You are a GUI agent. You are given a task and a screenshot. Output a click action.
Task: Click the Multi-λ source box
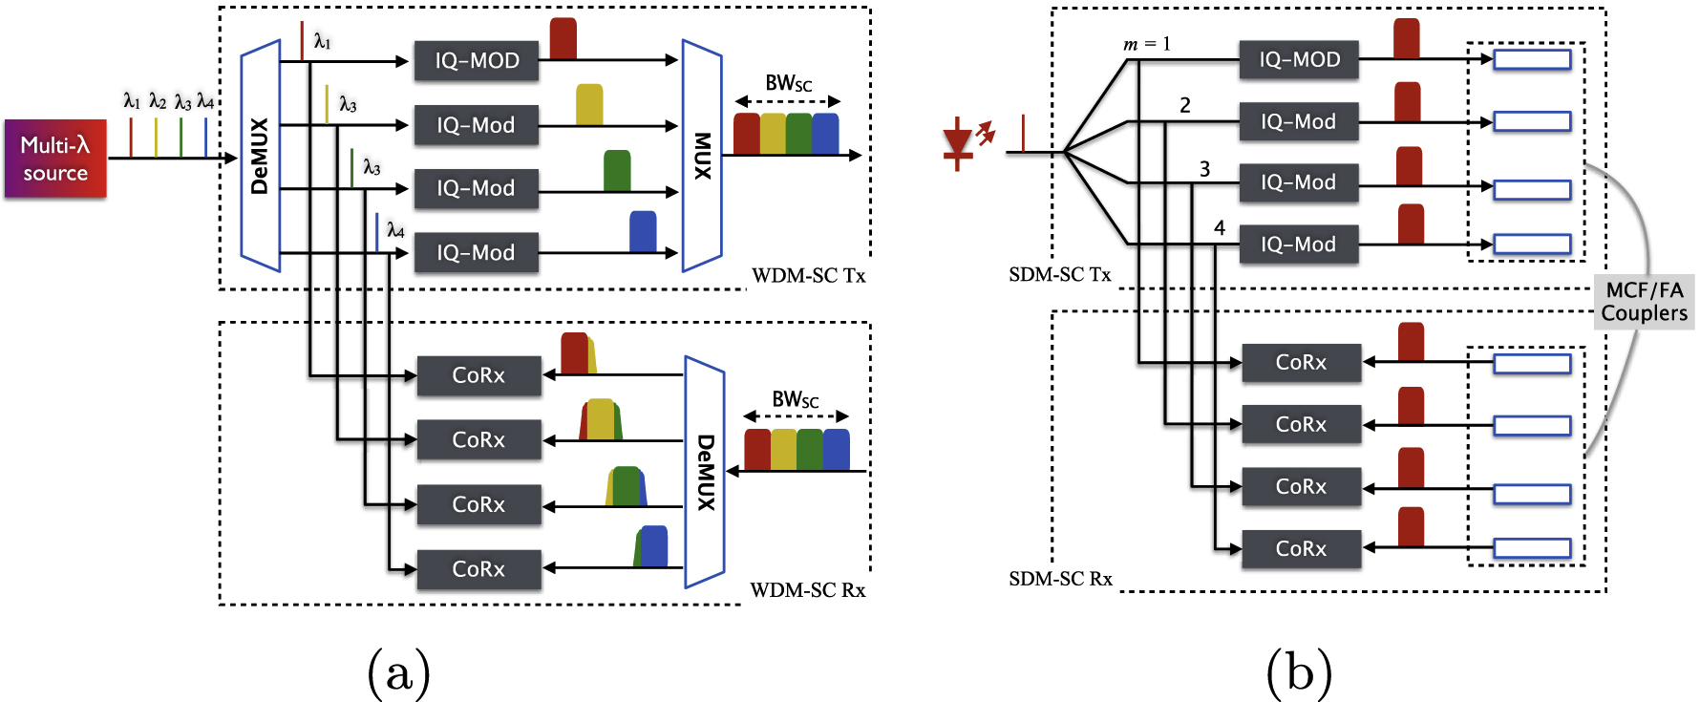55,159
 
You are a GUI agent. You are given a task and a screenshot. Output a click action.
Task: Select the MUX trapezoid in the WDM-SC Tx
702,156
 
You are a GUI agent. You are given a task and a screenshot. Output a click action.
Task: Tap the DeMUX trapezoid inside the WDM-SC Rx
705,472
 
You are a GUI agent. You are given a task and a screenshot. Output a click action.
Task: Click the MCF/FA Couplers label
1644,302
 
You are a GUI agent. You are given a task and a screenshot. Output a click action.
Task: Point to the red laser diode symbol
959,143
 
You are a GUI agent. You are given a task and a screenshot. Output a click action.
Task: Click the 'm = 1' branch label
1146,44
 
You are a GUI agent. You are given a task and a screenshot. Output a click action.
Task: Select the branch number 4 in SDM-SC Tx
1219,227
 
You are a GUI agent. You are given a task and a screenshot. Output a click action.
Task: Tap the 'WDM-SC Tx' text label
808,276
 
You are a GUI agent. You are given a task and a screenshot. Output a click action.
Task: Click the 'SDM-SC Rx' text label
1060,579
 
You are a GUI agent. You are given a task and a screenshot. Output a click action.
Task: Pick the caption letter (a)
398,672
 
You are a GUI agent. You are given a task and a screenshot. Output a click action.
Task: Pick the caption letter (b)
1299,672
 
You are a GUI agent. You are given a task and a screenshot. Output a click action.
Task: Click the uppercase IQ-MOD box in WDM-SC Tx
477,61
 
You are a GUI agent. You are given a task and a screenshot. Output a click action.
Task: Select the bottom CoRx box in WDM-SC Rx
478,569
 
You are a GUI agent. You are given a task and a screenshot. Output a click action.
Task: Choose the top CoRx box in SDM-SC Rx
1301,363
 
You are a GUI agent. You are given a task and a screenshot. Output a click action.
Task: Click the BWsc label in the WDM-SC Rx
795,400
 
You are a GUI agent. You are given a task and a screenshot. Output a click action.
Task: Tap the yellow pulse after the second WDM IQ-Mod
589,105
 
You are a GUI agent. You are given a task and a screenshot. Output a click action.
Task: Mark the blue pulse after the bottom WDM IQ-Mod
643,232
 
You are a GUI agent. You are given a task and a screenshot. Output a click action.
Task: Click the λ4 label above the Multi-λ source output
205,101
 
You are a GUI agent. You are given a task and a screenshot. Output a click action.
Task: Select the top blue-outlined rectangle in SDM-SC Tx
1532,60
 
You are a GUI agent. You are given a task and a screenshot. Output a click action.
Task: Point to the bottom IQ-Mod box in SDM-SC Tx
1298,245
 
